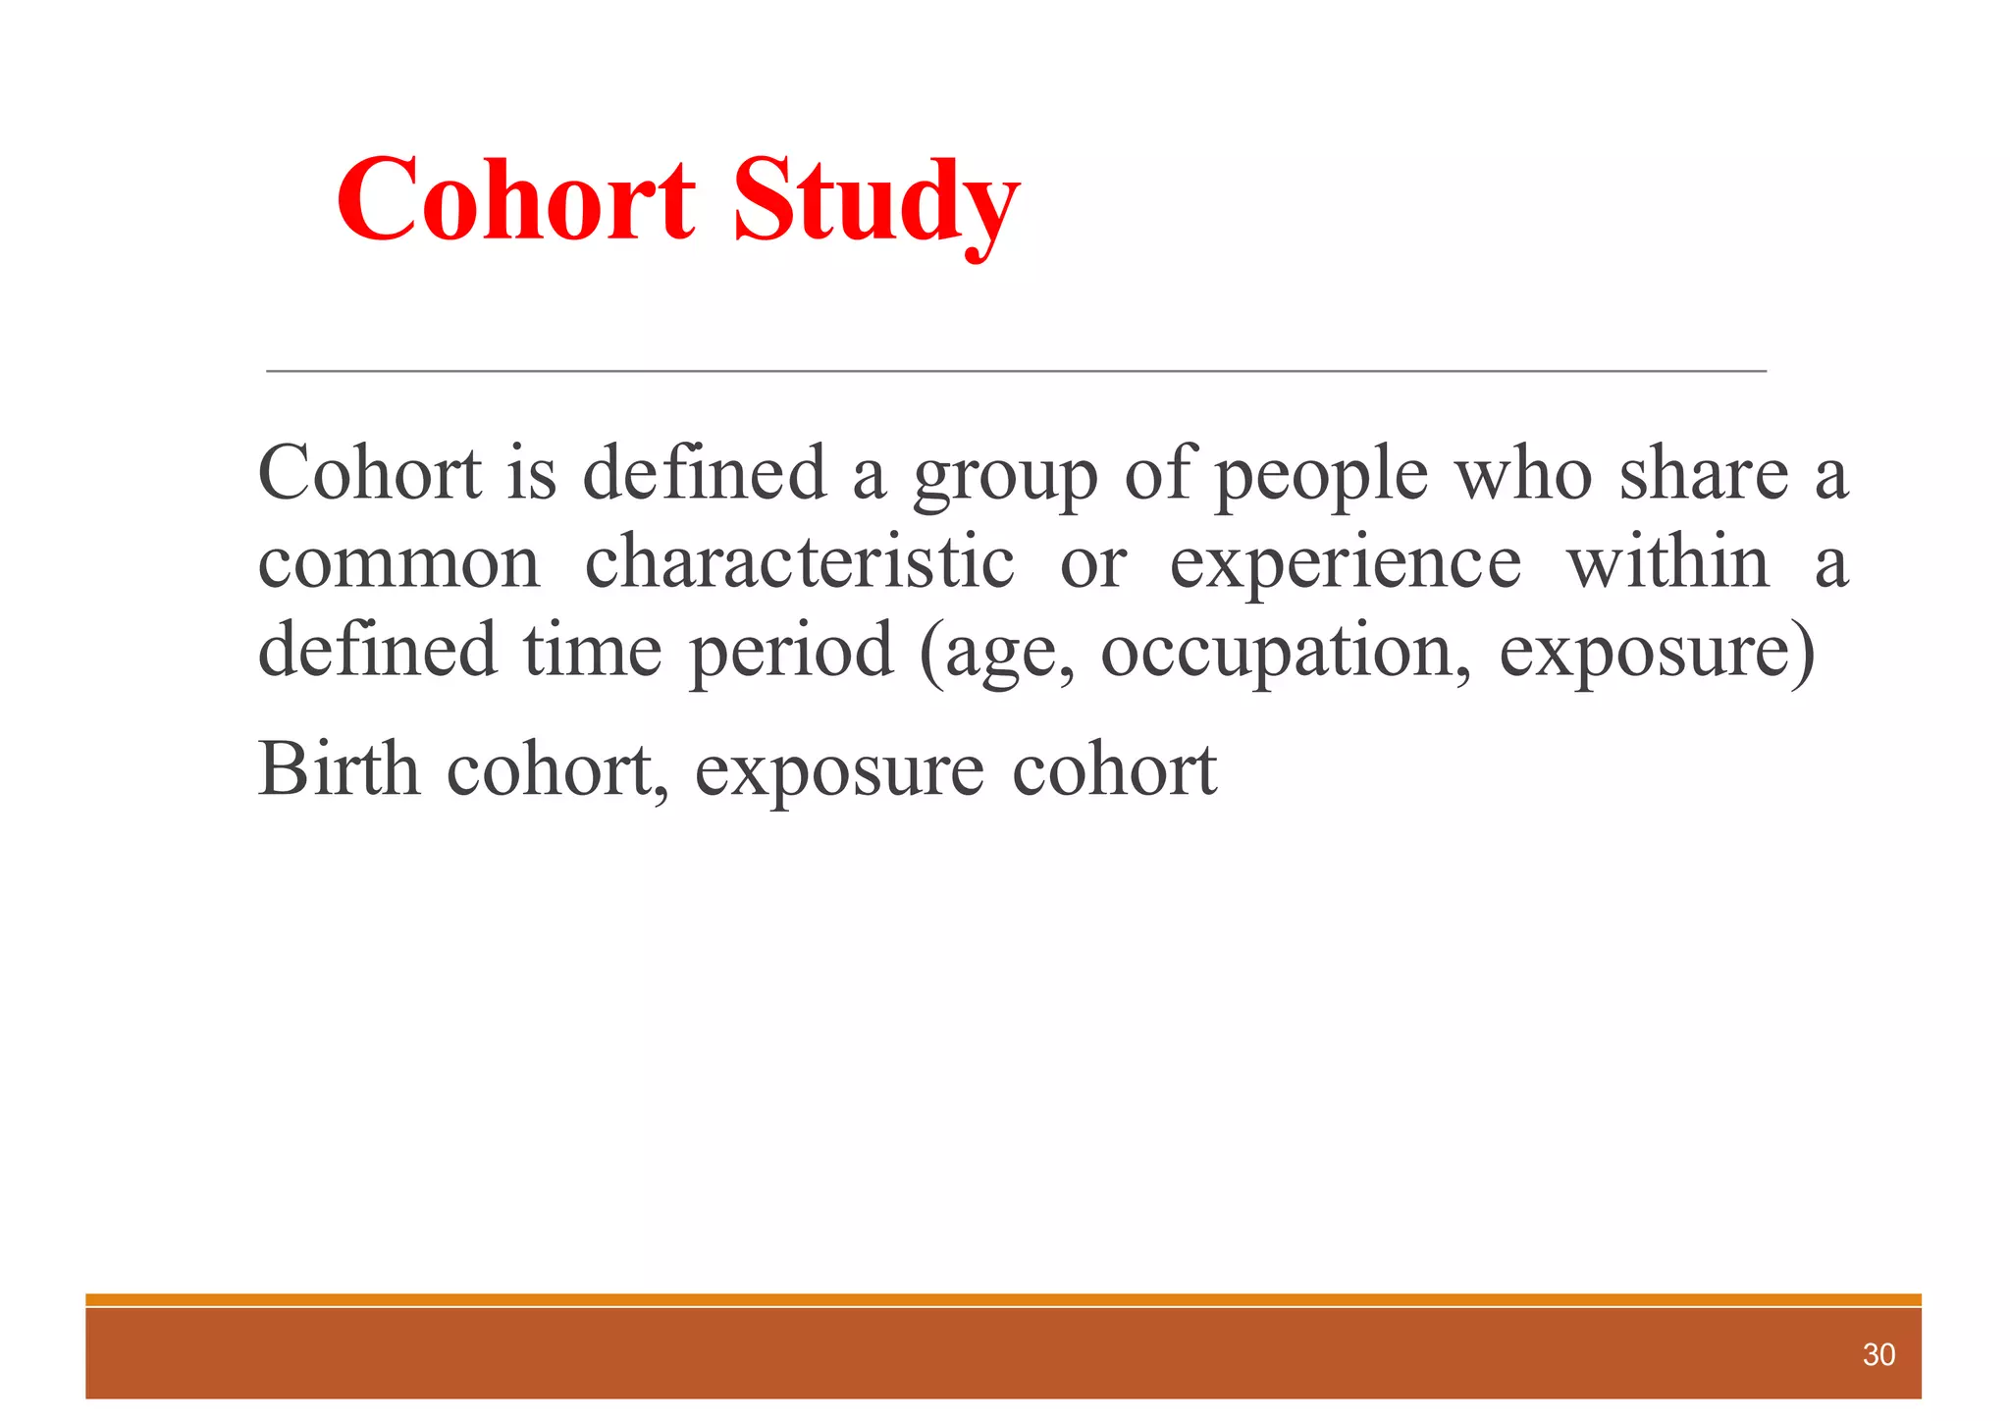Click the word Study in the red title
(875, 201)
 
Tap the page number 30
(1878, 1355)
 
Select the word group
(1005, 476)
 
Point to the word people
(1321, 476)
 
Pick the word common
(398, 563)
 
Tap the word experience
(1346, 563)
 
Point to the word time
(592, 651)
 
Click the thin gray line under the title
(1016, 371)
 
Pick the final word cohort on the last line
(1114, 769)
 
